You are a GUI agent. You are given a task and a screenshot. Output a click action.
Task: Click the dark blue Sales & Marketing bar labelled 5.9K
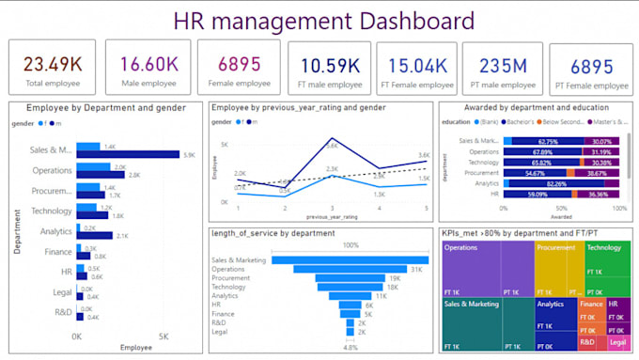(x=128, y=154)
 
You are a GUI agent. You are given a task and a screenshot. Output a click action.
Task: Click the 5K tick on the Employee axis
(x=163, y=336)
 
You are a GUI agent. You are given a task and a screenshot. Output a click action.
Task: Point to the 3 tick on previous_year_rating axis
(x=332, y=207)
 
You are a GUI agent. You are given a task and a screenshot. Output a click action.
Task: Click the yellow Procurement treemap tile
(x=558, y=267)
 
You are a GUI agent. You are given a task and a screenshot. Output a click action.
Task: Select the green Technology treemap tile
(x=607, y=267)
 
